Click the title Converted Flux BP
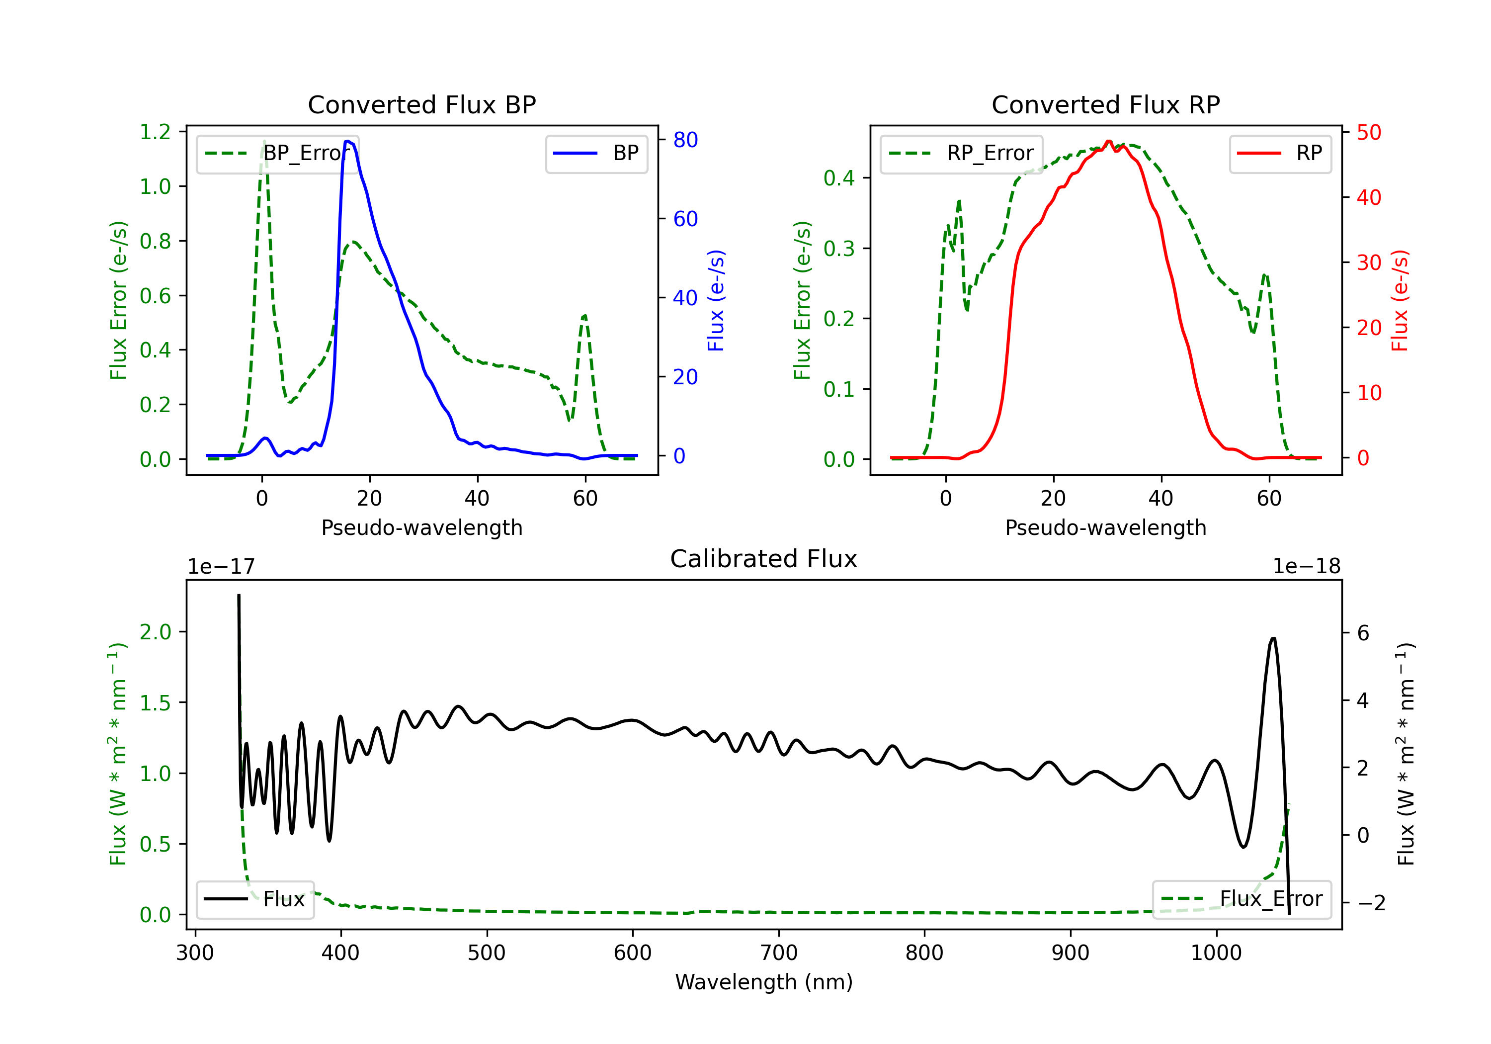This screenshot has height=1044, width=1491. point(421,104)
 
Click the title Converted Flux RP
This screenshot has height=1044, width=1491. point(1105,104)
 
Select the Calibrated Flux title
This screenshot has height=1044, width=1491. point(764,559)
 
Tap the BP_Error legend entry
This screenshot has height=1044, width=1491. point(277,153)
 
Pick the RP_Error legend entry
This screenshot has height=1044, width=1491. point(961,153)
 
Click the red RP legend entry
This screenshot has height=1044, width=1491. point(1280,153)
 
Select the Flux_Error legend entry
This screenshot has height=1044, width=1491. point(1242,899)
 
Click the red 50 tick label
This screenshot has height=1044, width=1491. point(1369,133)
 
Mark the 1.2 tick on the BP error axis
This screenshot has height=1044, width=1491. point(155,132)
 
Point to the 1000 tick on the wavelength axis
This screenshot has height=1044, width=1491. point(1216,953)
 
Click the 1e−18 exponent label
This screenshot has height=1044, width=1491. point(1307,567)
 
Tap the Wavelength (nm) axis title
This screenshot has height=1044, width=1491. point(764,982)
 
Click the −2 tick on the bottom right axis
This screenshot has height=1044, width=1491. point(1370,903)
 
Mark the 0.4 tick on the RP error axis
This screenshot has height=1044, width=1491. point(839,178)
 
